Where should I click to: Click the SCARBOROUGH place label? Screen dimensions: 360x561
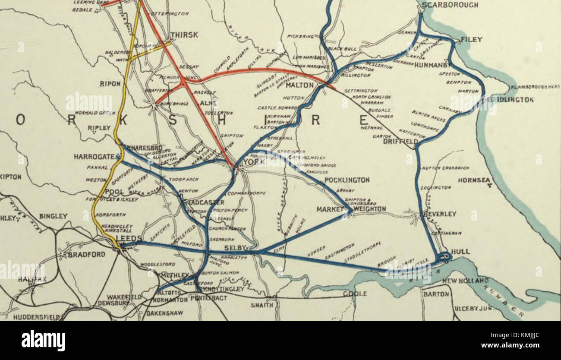tap(450, 5)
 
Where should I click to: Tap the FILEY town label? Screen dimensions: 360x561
tap(471, 39)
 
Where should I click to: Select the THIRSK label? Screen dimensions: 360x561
tap(184, 35)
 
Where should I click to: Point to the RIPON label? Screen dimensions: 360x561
tap(110, 84)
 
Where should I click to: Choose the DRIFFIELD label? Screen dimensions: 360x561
tap(400, 142)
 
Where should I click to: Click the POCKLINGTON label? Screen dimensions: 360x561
tap(347, 180)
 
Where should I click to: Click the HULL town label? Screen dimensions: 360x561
tap(460, 251)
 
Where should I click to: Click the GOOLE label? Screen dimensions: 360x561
tap(355, 294)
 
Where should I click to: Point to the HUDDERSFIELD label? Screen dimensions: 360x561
tap(36, 317)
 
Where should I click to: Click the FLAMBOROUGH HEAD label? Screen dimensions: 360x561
tap(535, 87)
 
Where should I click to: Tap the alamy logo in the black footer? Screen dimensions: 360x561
tap(43, 341)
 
